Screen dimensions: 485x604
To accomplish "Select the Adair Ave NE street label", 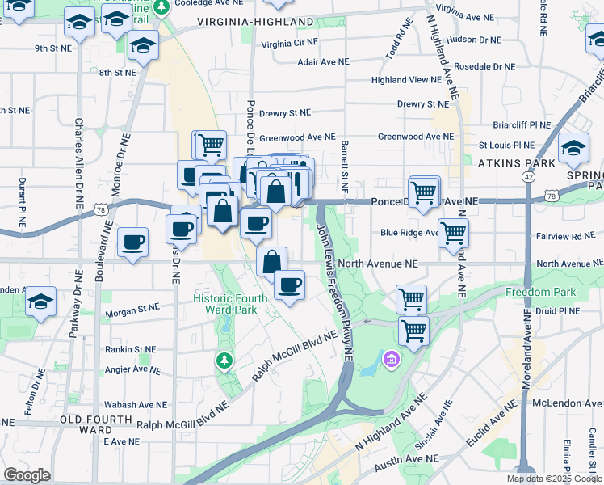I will (323, 61).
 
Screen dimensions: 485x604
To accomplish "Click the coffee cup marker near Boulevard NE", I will (132, 241).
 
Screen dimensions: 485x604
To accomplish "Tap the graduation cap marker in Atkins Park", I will (573, 148).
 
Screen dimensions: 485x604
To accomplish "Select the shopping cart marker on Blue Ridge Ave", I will (453, 232).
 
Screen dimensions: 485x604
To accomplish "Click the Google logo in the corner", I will (27, 474).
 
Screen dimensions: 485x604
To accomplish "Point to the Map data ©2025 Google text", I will (553, 479).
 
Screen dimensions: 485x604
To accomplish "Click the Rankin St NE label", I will (130, 350).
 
